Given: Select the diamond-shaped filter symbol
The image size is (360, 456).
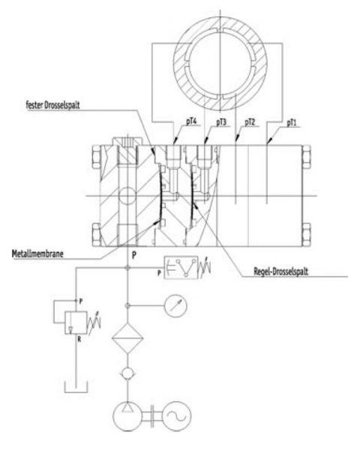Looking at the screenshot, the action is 127,340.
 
